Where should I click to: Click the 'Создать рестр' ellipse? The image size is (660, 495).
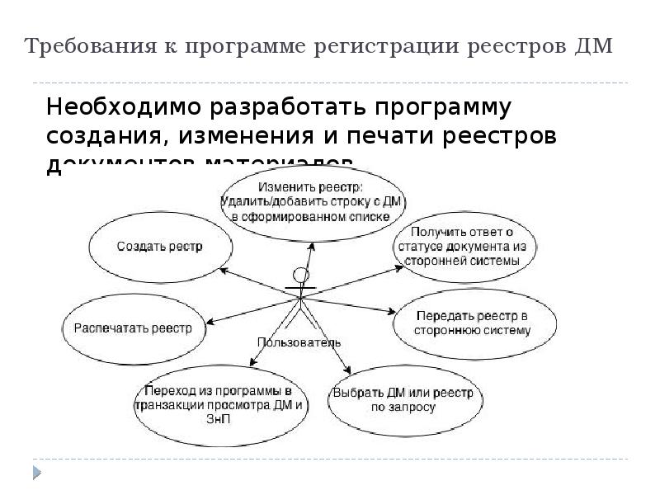pos(160,246)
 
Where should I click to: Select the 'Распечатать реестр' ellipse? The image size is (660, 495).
pos(133,328)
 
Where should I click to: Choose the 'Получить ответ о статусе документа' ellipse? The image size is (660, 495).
pos(463,246)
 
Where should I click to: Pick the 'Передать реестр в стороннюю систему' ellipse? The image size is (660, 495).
pos(473,323)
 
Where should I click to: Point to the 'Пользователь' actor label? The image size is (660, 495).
pos(299,342)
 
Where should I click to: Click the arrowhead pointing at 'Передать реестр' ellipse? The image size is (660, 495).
pos(393,312)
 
